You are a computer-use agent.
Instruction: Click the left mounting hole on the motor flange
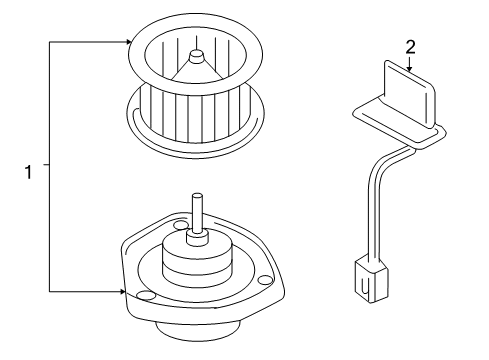click(x=145, y=296)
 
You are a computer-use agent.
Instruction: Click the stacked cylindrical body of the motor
click(x=200, y=270)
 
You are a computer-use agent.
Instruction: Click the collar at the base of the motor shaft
click(x=201, y=241)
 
